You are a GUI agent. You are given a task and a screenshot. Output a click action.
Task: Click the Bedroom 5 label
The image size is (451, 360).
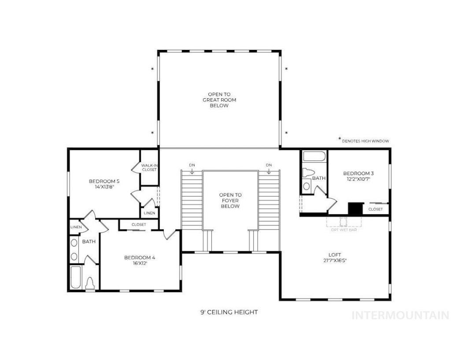coord(104,181)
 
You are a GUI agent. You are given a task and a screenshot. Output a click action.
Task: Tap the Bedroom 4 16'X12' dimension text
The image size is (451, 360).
coord(140,263)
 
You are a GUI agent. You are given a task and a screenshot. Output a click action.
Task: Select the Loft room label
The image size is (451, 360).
coord(335,255)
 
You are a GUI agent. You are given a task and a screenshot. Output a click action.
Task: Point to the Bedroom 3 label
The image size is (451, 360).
coord(359,173)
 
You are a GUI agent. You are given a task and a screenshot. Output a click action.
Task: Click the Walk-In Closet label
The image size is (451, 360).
coord(149,167)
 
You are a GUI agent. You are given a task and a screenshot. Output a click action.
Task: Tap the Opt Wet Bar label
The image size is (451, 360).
coord(344,230)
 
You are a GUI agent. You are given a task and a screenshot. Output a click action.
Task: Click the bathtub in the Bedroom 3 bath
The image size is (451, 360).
coord(314,156)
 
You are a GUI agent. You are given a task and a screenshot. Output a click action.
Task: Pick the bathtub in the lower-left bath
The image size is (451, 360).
coord(76,278)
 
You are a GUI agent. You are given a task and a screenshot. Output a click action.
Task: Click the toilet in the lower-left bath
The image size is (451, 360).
coord(90,283)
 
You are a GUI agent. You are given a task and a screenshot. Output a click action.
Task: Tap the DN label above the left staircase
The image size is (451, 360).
coord(192,165)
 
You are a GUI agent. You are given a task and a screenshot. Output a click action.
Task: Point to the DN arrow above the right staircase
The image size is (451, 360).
coord(269,171)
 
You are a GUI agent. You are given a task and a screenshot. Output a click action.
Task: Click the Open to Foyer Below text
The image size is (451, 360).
coord(230,200)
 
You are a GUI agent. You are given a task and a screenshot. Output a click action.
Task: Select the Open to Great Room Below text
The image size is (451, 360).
coord(219,100)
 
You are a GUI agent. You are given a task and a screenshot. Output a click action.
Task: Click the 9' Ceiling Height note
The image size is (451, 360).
coord(229,312)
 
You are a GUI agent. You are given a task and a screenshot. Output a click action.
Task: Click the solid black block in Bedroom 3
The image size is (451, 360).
coord(355,208)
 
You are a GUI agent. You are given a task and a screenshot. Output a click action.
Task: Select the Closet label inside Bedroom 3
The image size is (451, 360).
coord(375,209)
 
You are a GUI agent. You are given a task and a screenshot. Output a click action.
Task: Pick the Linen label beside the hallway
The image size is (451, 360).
coord(149,213)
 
